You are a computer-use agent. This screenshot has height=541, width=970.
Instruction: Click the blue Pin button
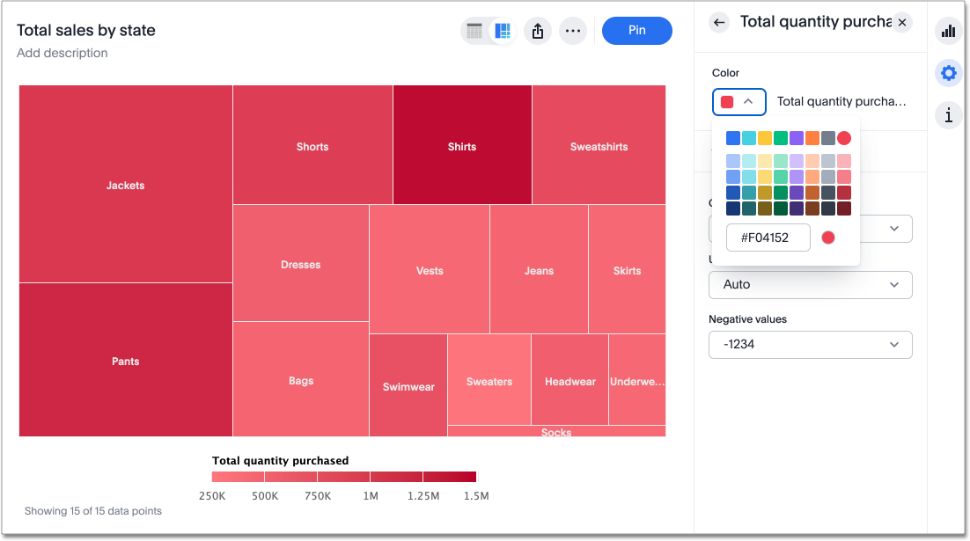[x=636, y=31]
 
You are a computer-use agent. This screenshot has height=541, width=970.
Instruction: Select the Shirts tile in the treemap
[x=462, y=145]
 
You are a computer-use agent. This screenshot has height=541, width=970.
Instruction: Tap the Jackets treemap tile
[x=126, y=185]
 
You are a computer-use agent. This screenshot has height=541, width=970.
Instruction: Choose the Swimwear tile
[x=408, y=385]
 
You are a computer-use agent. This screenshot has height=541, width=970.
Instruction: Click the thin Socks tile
[x=556, y=431]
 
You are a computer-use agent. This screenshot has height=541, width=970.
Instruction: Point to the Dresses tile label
[x=301, y=265]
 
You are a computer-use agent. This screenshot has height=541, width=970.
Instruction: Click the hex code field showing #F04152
[x=768, y=238]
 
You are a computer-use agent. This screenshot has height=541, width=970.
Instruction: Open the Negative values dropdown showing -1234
[x=810, y=345]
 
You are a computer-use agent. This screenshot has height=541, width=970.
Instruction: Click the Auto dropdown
[x=810, y=285]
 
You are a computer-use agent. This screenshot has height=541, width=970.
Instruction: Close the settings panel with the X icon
[x=902, y=22]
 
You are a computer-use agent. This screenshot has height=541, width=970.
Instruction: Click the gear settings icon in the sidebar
[x=948, y=74]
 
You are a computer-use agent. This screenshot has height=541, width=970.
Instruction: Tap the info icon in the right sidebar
[x=948, y=114]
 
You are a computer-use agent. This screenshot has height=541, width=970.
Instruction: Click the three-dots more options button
[x=573, y=31]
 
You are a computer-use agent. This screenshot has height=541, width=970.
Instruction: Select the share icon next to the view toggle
[x=538, y=31]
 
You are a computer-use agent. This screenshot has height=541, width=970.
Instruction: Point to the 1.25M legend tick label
[x=423, y=496]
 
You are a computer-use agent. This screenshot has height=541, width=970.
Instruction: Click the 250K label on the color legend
[x=212, y=496]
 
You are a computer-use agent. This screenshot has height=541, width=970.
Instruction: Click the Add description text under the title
[x=62, y=53]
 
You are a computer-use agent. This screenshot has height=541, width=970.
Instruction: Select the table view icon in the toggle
[x=474, y=31]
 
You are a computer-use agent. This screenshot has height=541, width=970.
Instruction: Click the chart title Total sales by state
[x=86, y=30]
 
